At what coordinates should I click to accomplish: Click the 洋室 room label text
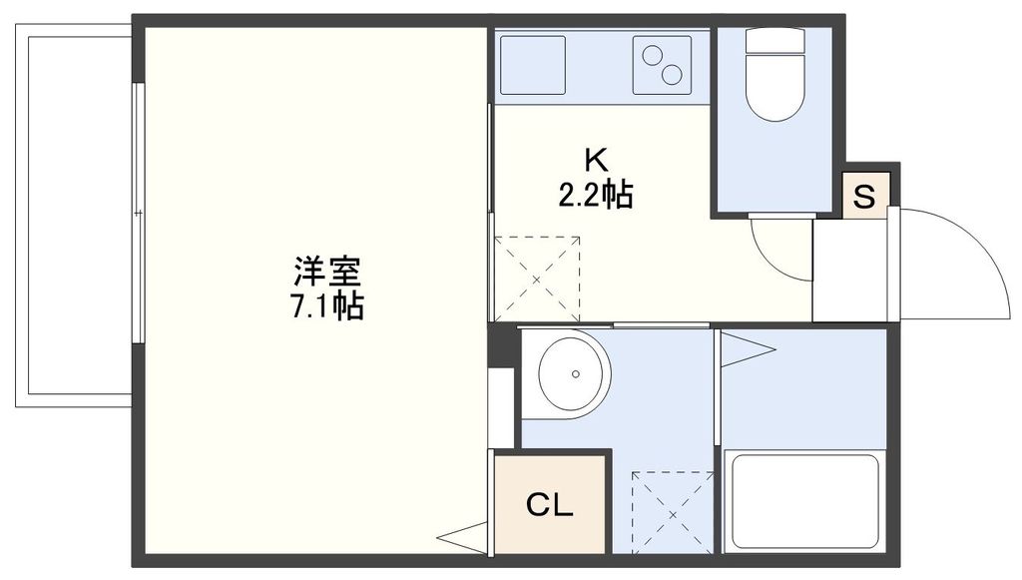tap(326, 271)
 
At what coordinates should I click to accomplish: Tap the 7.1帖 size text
tap(326, 304)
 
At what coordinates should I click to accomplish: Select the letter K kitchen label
tap(595, 160)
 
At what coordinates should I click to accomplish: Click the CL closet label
tap(550, 506)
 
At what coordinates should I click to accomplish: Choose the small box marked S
tap(865, 196)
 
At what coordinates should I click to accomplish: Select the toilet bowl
tap(774, 96)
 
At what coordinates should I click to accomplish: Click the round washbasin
tap(573, 373)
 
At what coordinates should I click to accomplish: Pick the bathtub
tap(804, 501)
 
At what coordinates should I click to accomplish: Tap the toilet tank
tap(774, 42)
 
